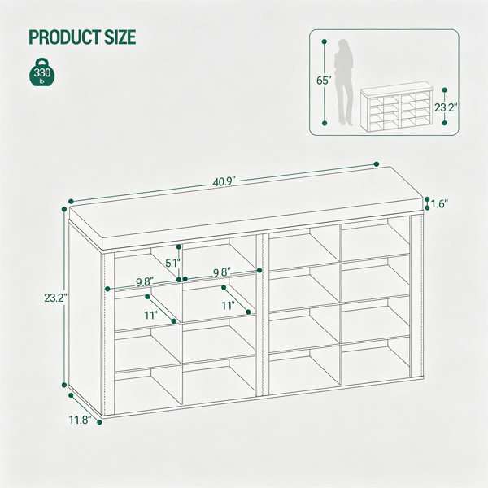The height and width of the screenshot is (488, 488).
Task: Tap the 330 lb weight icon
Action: pos(42,72)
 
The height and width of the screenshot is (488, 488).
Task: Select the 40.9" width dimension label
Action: pos(224,181)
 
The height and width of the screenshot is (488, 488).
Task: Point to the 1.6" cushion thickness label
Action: pos(439,204)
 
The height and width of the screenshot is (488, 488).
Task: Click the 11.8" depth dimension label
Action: pos(80,420)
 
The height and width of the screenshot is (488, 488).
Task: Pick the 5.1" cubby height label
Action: pos(172,264)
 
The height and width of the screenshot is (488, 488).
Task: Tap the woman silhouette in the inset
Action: pos(343,82)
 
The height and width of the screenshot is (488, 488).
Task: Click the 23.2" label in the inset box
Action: pos(446,107)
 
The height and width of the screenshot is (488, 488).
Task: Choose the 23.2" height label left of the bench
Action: pos(55,298)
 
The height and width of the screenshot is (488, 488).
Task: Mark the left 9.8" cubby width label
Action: pos(145,282)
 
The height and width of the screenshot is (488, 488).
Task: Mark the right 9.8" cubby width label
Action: pos(222,272)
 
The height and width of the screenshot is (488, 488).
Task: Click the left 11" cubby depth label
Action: pos(150,316)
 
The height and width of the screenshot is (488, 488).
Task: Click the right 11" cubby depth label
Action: pos(228,306)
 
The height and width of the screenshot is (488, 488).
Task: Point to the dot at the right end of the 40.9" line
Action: pos(377,164)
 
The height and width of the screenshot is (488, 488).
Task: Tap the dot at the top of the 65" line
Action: pos(325,41)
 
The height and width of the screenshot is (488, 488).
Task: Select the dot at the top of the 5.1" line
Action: pos(179,246)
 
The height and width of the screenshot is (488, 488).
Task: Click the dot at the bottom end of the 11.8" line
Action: pos(99,422)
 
